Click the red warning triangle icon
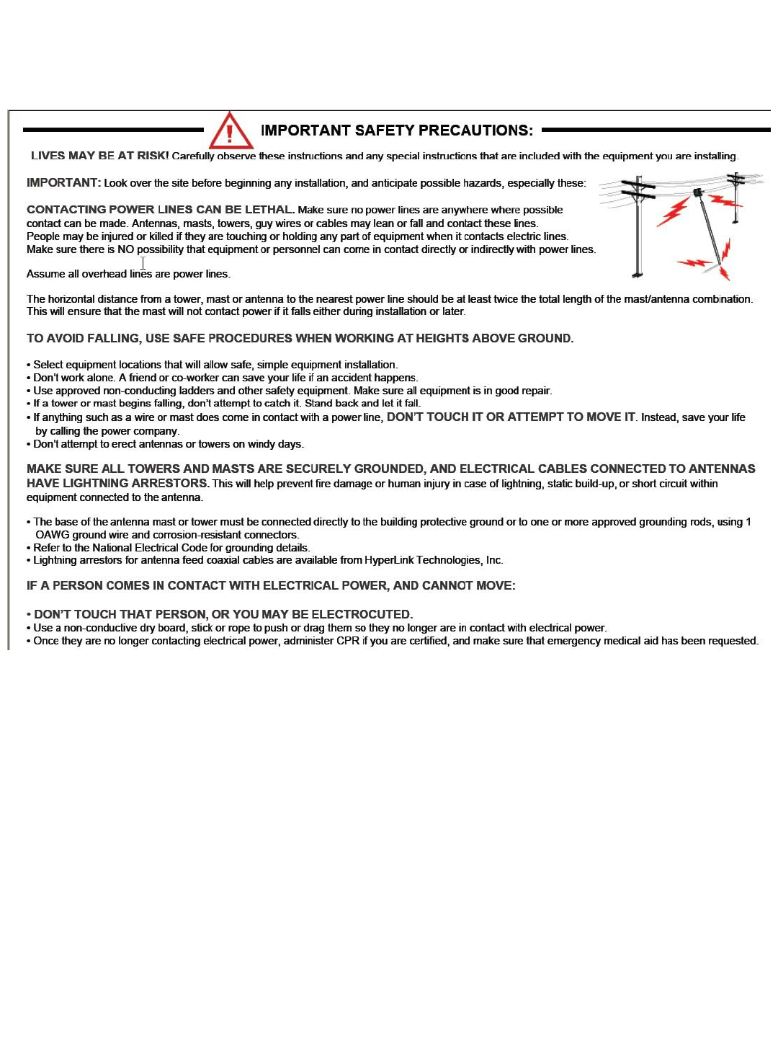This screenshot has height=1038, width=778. [x=231, y=130]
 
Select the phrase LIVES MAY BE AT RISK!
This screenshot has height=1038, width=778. [x=100, y=156]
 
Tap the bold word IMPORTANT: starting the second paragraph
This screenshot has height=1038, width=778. [x=63, y=183]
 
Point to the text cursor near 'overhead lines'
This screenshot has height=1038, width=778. [x=143, y=264]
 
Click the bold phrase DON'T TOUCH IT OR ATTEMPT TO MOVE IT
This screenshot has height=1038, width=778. [x=511, y=417]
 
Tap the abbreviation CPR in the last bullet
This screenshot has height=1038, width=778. [x=347, y=641]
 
